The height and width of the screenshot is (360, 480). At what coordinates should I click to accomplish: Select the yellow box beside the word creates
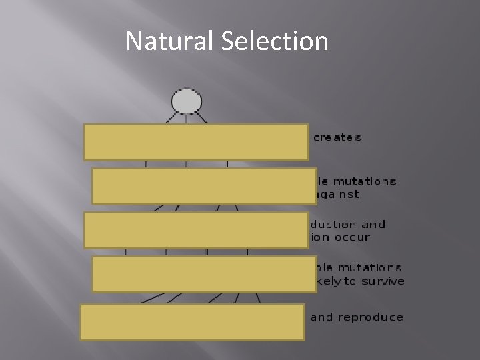pyautogui.click(x=196, y=142)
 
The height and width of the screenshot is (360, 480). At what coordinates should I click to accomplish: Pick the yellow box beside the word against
pyautogui.click(x=204, y=186)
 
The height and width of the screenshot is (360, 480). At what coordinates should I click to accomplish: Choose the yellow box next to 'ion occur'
pyautogui.click(x=196, y=230)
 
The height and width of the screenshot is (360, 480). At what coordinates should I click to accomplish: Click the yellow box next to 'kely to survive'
pyautogui.click(x=204, y=274)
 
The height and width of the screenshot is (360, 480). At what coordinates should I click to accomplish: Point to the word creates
pyautogui.click(x=337, y=138)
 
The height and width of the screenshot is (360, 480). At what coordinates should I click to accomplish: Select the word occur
pyautogui.click(x=353, y=237)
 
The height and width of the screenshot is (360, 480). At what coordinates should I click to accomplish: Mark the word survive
pyautogui.click(x=383, y=281)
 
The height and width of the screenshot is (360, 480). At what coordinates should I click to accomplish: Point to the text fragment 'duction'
pyautogui.click(x=335, y=225)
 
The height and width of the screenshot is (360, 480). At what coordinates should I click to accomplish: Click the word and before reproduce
pyautogui.click(x=321, y=317)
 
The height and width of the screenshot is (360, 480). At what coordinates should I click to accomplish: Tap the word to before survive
pyautogui.click(x=350, y=281)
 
